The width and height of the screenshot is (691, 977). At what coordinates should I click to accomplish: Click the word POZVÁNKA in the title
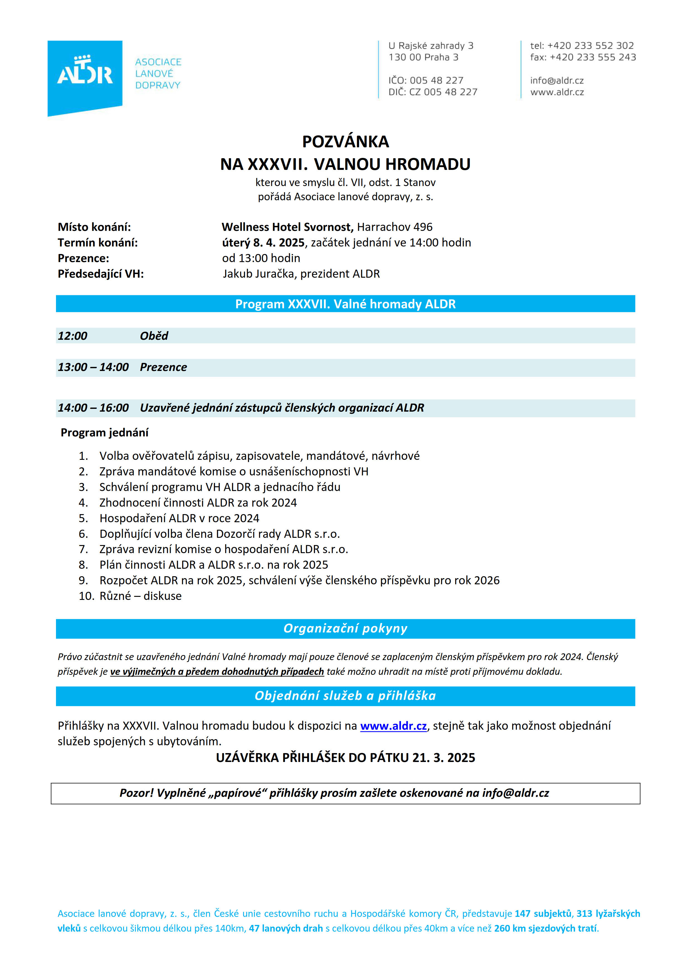(345, 142)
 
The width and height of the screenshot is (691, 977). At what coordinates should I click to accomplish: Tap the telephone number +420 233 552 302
(590, 45)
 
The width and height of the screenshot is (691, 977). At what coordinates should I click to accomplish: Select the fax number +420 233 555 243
(593, 57)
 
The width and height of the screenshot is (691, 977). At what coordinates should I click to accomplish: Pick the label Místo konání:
(94, 227)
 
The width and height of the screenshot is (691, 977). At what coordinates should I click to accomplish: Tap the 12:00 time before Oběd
(72, 336)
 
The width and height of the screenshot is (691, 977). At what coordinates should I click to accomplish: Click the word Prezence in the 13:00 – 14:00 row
(163, 367)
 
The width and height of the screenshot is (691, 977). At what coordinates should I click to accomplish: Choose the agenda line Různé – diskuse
(140, 596)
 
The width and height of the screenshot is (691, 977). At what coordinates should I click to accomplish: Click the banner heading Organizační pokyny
(345, 629)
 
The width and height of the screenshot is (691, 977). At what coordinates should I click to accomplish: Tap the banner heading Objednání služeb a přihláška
(345, 696)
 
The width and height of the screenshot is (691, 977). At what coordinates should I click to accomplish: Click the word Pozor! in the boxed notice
(136, 793)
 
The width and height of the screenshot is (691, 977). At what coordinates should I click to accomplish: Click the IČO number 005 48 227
(436, 80)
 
